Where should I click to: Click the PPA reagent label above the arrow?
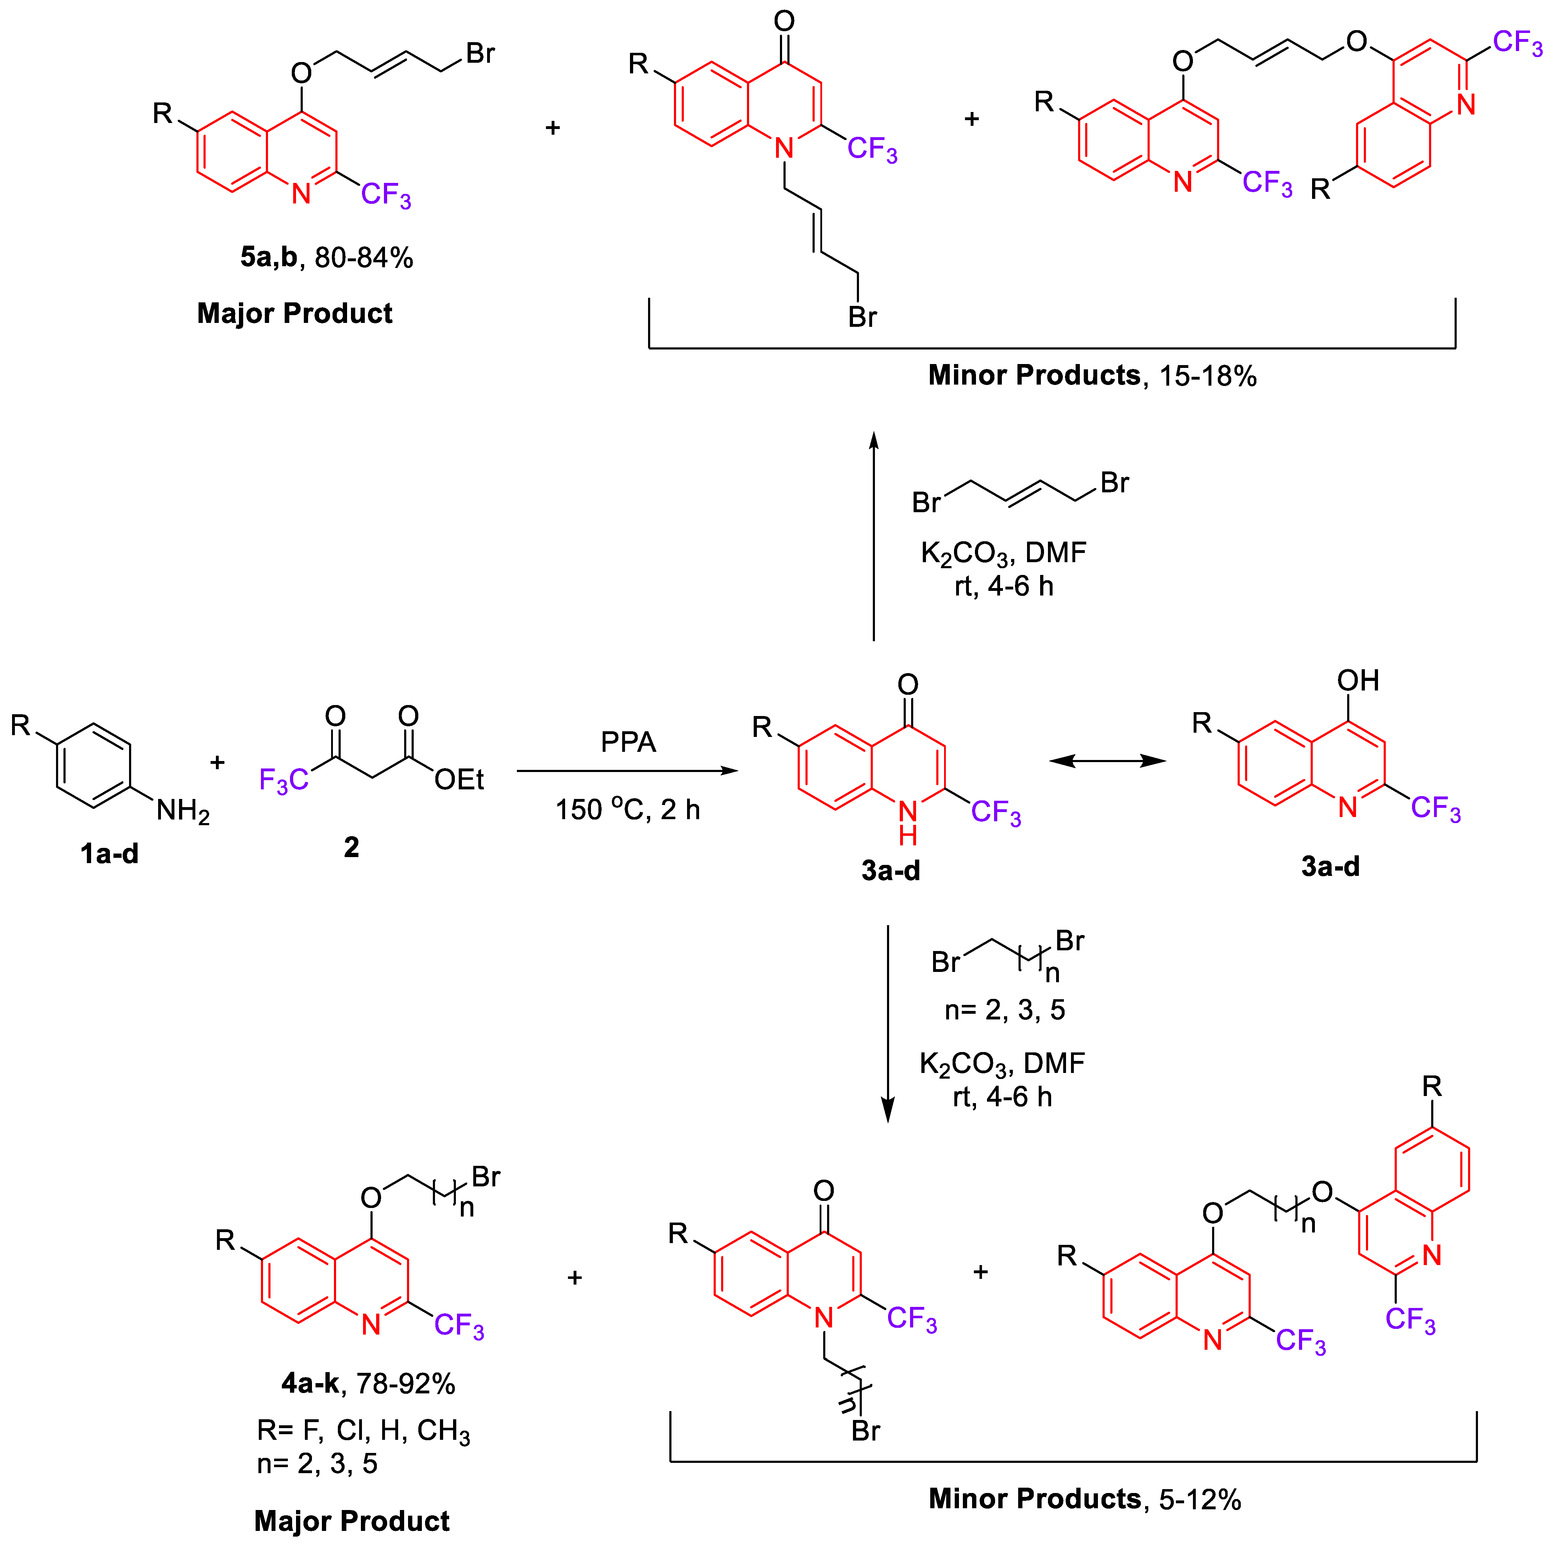628,742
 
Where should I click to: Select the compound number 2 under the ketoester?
352,848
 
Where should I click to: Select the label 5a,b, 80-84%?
327,258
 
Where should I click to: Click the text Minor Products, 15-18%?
1092,376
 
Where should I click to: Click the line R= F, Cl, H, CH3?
363,1431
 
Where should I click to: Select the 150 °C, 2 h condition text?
628,810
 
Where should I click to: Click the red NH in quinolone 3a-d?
908,823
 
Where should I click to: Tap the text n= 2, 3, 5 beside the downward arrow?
1004,1010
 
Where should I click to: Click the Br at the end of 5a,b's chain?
480,54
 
